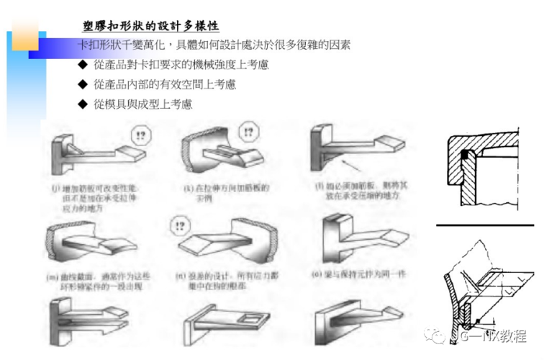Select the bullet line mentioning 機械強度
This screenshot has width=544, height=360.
180,65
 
